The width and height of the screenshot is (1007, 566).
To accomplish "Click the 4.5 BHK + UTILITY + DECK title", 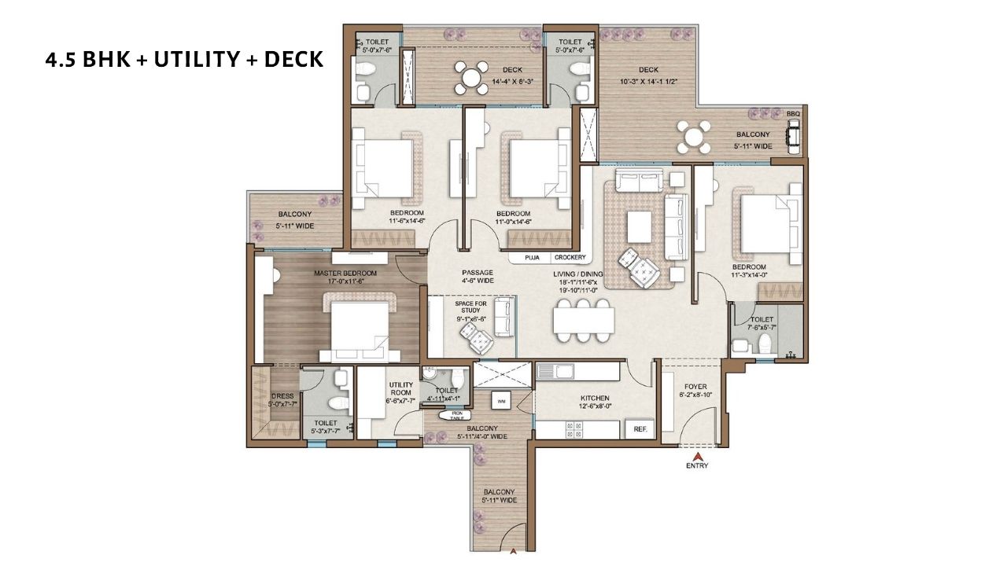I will (x=184, y=59).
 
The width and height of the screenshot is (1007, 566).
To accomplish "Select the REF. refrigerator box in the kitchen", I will (x=639, y=429).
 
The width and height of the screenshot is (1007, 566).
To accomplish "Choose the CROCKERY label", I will (x=570, y=258).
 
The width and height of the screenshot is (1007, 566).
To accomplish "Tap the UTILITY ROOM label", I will (x=400, y=388).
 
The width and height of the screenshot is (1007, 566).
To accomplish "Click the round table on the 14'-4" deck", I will (x=470, y=78).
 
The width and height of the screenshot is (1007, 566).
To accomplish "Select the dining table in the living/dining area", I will (x=584, y=320).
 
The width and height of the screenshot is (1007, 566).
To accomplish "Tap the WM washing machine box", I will (x=501, y=401).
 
